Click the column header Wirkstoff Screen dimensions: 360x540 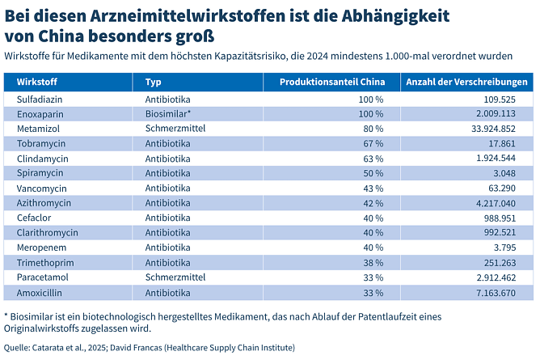click(36, 83)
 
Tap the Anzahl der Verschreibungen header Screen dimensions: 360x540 click(467, 83)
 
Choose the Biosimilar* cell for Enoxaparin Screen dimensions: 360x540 click(167, 114)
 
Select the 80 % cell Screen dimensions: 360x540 click(373, 129)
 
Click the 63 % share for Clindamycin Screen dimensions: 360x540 click(373, 158)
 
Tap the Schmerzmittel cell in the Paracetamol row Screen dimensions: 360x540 click(175, 277)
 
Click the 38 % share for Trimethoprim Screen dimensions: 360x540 click(373, 262)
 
